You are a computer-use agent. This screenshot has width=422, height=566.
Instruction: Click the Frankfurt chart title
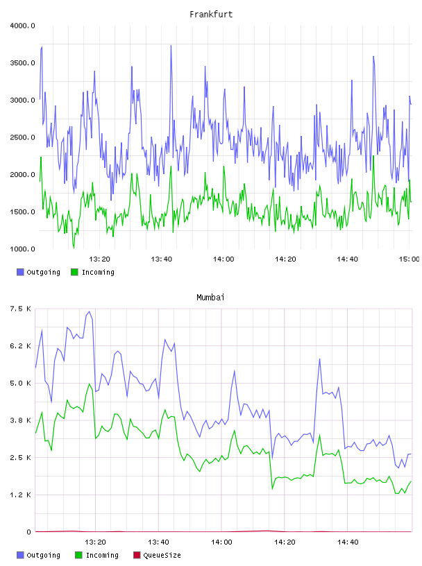[211, 15]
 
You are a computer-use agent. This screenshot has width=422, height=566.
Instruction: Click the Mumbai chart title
[210, 298]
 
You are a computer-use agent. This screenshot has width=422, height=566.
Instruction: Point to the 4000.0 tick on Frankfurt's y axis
[22, 26]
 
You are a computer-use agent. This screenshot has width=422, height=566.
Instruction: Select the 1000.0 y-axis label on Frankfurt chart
[22, 249]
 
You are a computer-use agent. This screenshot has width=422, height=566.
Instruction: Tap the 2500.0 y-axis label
[22, 137]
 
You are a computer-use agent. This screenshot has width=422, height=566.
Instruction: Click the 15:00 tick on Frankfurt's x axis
[409, 259]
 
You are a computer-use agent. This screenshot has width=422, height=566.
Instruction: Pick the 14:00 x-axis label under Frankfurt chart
[223, 259]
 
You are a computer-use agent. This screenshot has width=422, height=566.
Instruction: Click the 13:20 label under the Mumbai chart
[95, 542]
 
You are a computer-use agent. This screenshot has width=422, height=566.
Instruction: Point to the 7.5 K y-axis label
[21, 309]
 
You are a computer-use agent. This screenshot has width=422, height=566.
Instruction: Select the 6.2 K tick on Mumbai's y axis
[21, 346]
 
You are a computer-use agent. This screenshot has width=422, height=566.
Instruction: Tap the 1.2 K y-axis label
[21, 495]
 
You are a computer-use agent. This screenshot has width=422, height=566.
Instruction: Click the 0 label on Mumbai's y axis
[28, 532]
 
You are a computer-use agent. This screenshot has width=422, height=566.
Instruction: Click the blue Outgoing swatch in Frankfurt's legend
[20, 272]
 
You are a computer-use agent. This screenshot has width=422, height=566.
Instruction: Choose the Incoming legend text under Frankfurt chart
[98, 273]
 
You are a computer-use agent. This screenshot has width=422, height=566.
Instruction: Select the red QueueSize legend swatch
[137, 555]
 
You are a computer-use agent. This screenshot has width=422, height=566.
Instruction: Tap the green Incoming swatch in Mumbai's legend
[78, 555]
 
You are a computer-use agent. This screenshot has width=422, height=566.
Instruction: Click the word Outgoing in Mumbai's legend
[43, 556]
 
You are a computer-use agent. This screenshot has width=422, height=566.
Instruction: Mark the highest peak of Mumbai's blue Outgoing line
[90, 311]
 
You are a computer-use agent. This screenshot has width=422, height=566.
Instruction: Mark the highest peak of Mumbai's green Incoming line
[90, 384]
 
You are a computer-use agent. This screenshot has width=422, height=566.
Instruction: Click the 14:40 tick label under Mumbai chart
[348, 542]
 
